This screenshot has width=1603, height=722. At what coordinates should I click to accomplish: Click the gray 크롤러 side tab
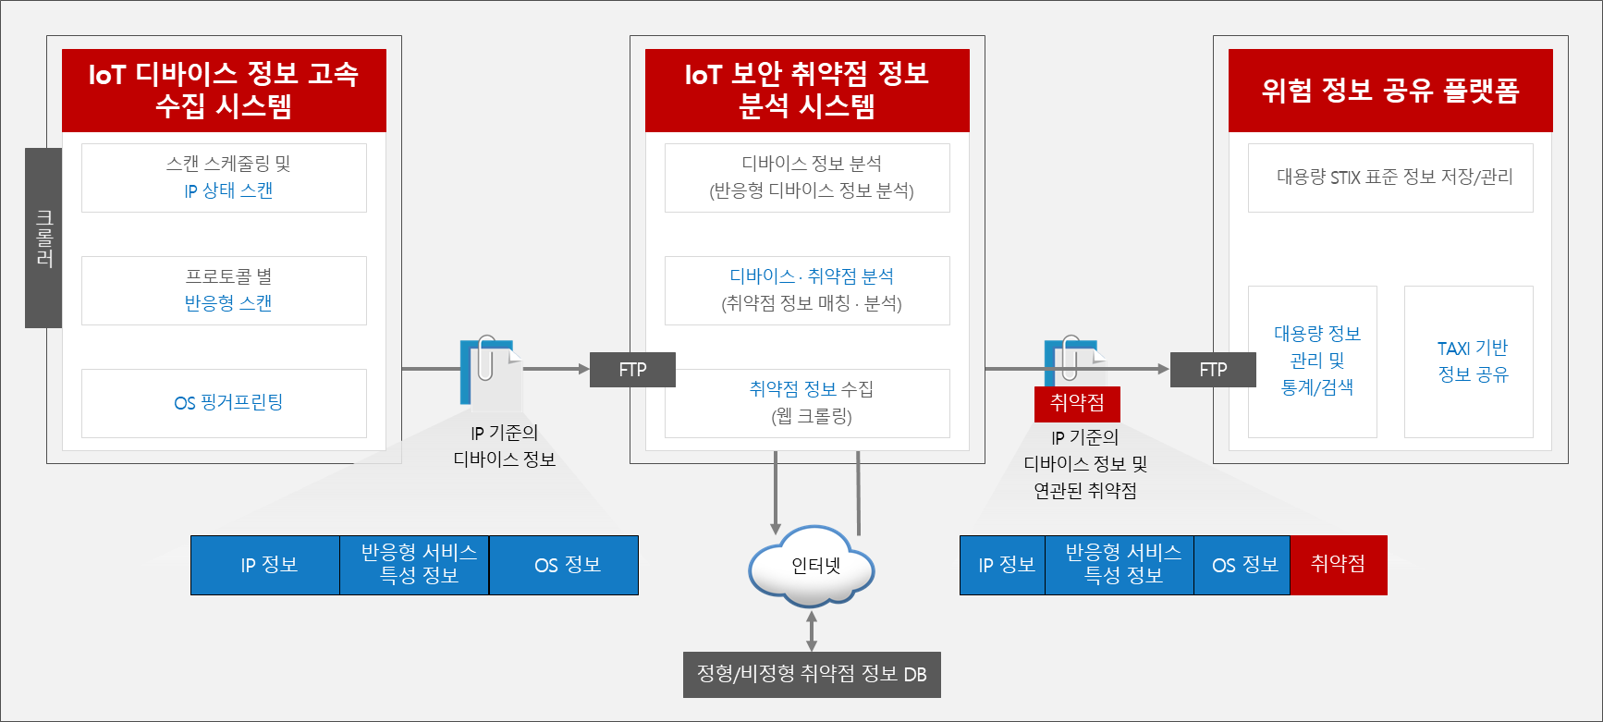pos(43,238)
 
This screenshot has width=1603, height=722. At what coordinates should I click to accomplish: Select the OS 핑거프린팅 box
pos(224,403)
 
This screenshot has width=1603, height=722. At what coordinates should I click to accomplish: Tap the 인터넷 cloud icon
pos(813,565)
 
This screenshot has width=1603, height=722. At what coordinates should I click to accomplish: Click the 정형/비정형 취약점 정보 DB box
pos(812,675)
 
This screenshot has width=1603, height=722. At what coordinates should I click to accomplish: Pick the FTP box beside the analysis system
pos(632,370)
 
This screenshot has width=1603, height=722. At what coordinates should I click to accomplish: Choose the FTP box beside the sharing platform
pos(1213,370)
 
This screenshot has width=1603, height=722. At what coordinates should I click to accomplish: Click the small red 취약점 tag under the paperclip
pos(1077,403)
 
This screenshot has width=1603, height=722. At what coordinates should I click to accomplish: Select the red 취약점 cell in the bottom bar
pos(1338,565)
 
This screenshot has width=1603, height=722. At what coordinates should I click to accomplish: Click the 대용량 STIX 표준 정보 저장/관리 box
pos(1390,177)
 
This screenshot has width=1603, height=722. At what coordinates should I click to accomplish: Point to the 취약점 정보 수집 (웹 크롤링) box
pos(807,403)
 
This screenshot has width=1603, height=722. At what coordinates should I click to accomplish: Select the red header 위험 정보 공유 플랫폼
pos(1390,91)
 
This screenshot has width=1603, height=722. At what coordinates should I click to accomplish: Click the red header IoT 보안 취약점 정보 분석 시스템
pos(807,91)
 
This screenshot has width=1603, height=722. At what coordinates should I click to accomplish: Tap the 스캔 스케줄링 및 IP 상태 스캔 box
pos(224,177)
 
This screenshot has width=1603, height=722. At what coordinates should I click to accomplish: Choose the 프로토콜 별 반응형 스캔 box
pos(224,290)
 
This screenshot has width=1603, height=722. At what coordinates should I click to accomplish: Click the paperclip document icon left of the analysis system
pos(488,371)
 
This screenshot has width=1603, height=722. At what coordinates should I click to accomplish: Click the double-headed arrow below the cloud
pos(812,631)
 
